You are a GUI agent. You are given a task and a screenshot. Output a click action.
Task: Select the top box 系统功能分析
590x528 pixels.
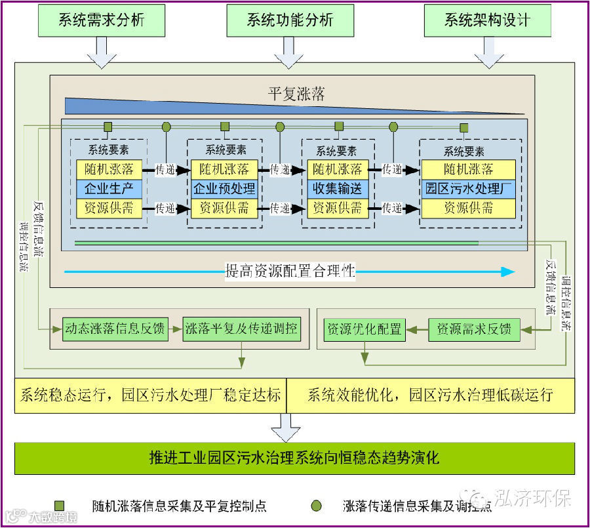(x=290, y=20)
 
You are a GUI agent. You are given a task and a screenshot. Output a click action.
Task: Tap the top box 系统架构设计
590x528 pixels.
(x=487, y=20)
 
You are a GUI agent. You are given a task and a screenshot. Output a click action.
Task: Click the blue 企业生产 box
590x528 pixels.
(x=109, y=189)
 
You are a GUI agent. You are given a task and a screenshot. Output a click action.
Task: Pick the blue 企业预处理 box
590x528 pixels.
(x=224, y=189)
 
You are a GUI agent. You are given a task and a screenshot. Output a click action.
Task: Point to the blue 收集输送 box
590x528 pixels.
(x=337, y=189)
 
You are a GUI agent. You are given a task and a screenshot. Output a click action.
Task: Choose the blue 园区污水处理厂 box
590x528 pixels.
(x=468, y=189)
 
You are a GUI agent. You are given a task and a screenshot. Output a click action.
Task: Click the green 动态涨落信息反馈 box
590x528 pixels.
(x=115, y=329)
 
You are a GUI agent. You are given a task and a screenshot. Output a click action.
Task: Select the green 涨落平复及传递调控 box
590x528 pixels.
(x=241, y=329)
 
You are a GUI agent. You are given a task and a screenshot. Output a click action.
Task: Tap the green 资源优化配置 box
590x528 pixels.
(x=364, y=329)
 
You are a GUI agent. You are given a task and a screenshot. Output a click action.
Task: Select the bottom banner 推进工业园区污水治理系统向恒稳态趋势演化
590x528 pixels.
(x=294, y=458)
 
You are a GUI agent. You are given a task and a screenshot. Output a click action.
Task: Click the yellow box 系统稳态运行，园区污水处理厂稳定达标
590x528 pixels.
(x=151, y=396)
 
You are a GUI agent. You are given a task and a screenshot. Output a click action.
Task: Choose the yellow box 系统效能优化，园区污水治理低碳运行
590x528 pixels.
(x=430, y=396)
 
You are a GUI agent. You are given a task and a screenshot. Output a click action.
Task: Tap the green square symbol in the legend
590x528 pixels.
(x=60, y=505)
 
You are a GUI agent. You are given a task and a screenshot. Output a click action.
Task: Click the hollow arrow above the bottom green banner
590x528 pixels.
(x=286, y=427)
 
